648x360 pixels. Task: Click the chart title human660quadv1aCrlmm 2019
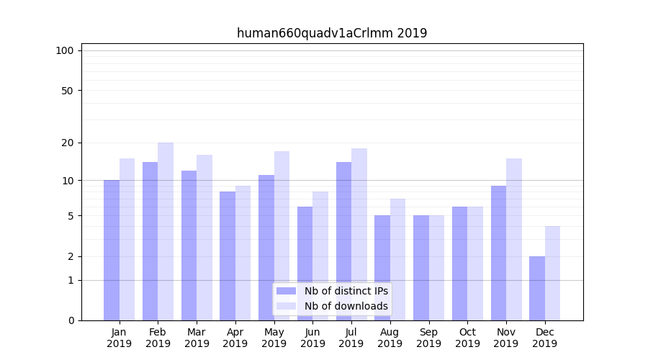coord(332,33)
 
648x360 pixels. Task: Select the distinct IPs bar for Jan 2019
coord(112,250)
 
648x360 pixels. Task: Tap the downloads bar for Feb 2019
coord(166,231)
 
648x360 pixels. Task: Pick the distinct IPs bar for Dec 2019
coord(537,288)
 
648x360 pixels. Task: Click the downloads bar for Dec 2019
coord(552,273)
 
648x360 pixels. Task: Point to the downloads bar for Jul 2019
coord(359,234)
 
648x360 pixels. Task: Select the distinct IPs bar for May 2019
coord(266,248)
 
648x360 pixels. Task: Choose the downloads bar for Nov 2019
coord(513,239)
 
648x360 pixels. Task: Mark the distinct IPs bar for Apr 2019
coord(228,256)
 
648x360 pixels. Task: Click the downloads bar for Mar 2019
coord(204,238)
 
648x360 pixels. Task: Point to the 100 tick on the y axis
coord(65,50)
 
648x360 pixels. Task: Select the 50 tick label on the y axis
coord(67,91)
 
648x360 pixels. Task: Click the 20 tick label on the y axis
coord(67,143)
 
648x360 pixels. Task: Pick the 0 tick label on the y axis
coord(71,320)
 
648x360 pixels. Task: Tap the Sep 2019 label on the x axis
coord(428,338)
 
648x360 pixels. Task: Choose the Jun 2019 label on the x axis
coord(312,338)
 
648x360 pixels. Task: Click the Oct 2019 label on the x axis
coord(467,338)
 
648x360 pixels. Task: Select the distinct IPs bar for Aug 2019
coord(382,268)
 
